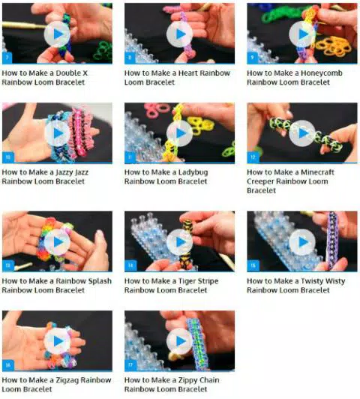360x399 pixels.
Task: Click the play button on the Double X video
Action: tap(57, 34)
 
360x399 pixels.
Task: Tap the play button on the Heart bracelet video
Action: tap(179, 34)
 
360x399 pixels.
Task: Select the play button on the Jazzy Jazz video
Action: tap(57, 133)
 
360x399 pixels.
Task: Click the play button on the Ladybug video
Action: tap(179, 133)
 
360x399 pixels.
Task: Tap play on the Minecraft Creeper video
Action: tap(301, 133)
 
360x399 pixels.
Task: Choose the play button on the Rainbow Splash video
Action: tap(57, 241)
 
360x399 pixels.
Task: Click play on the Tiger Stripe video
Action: tap(179, 241)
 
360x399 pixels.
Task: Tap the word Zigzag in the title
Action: tap(76, 380)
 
